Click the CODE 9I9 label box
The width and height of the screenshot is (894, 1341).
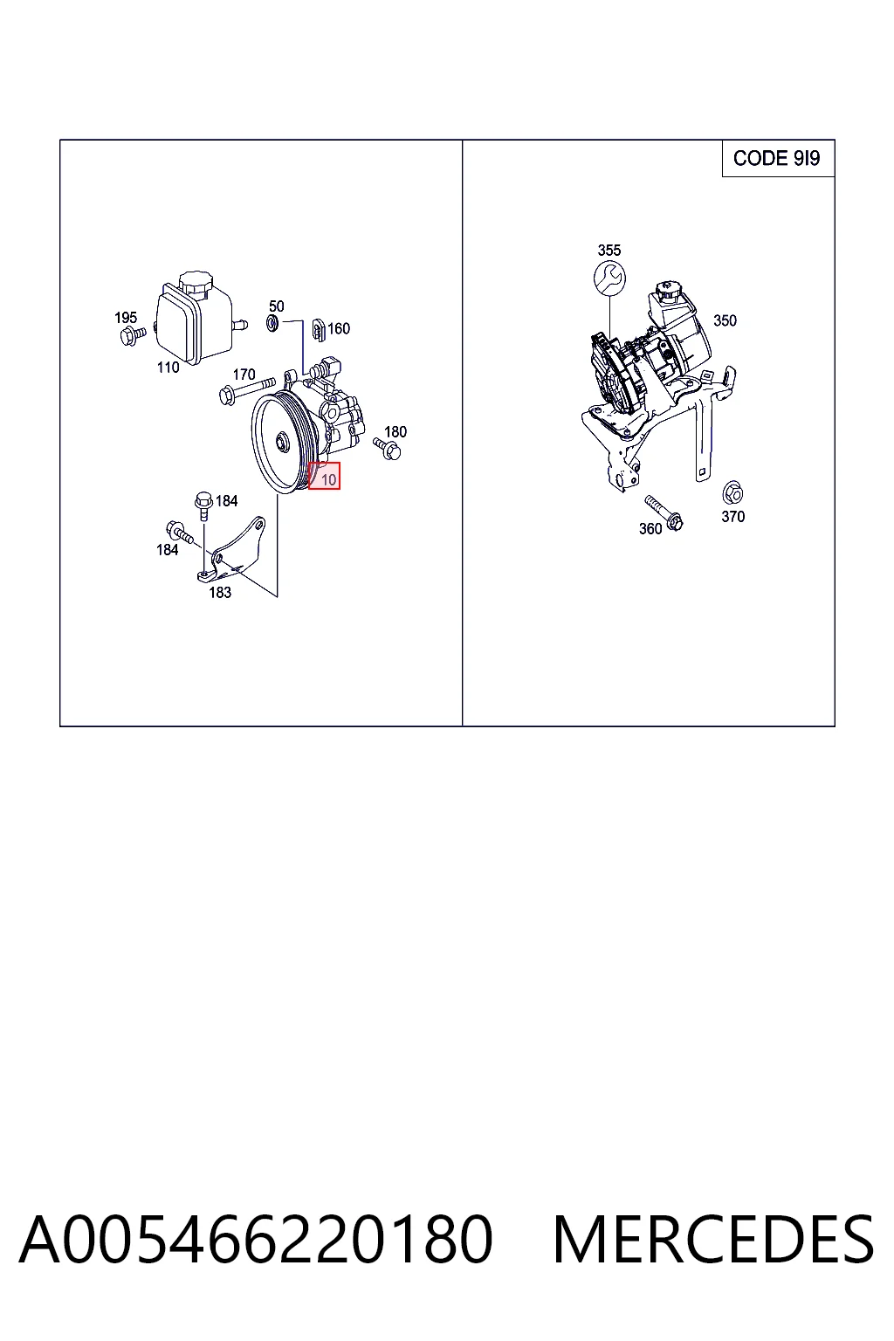778,158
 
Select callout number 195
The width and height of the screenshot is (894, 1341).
126,317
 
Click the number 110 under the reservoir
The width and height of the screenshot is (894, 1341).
168,368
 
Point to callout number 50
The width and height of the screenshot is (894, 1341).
276,306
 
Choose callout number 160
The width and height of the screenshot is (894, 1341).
339,328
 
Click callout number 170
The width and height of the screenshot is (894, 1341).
244,375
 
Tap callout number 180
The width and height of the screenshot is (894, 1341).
395,431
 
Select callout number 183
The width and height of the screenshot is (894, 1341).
220,592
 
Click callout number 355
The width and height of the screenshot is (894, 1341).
609,251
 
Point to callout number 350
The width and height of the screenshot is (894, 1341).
725,321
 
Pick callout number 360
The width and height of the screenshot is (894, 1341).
650,528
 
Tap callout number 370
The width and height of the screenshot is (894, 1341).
733,517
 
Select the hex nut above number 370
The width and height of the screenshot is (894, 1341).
733,493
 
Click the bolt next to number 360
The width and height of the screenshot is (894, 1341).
664,512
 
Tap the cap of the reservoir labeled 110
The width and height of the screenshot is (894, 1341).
196,281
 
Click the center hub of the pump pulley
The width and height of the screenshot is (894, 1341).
281,444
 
